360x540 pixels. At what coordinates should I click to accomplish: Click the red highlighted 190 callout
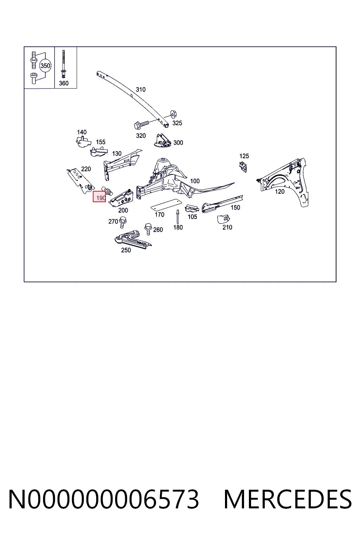[x=99, y=197]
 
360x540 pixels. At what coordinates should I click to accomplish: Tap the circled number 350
[x=45, y=66]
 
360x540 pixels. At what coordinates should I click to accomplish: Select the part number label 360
[x=64, y=83]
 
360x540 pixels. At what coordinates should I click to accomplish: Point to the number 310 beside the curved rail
[x=141, y=90]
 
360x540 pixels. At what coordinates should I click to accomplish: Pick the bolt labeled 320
[x=142, y=125]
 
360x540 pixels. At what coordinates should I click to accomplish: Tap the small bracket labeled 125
[x=243, y=167]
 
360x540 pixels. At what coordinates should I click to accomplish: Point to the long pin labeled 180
[x=178, y=217]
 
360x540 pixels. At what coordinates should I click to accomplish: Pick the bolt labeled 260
[x=148, y=229]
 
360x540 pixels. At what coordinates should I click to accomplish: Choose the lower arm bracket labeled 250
[x=133, y=239]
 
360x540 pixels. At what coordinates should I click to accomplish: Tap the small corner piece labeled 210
[x=223, y=219]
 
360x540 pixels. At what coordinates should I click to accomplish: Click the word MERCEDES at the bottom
[x=288, y=499]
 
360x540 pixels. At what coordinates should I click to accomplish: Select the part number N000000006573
[x=104, y=499]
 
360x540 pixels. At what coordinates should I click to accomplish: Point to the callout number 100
[x=195, y=181]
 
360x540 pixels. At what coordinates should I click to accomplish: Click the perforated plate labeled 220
[x=80, y=181]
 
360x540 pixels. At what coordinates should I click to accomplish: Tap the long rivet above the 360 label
[x=63, y=64]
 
